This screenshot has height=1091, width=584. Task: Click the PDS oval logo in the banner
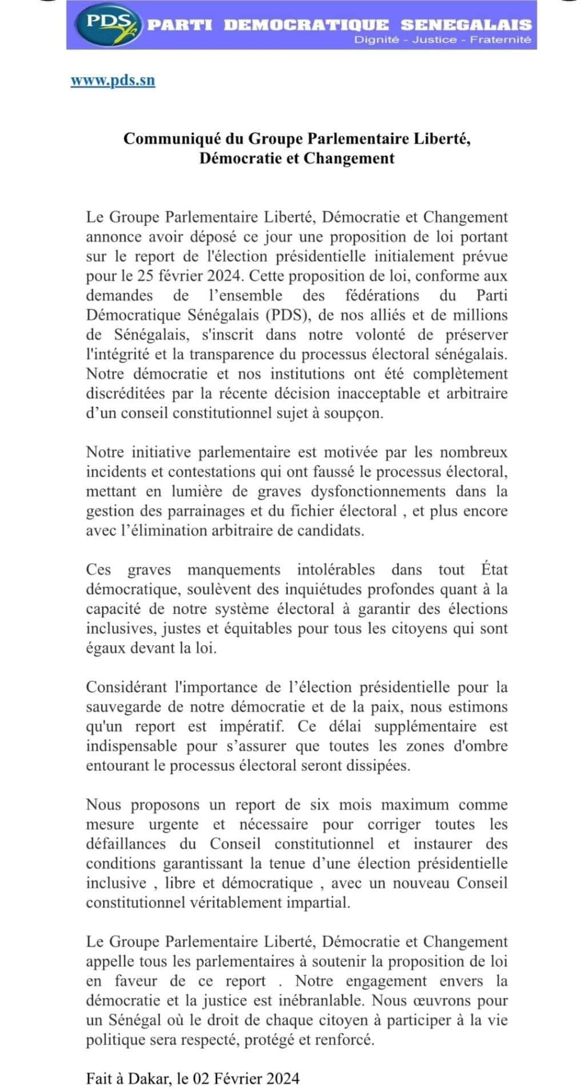click(109, 25)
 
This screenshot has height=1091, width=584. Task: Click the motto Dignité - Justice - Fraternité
click(443, 39)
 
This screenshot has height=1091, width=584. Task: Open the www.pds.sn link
click(113, 80)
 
